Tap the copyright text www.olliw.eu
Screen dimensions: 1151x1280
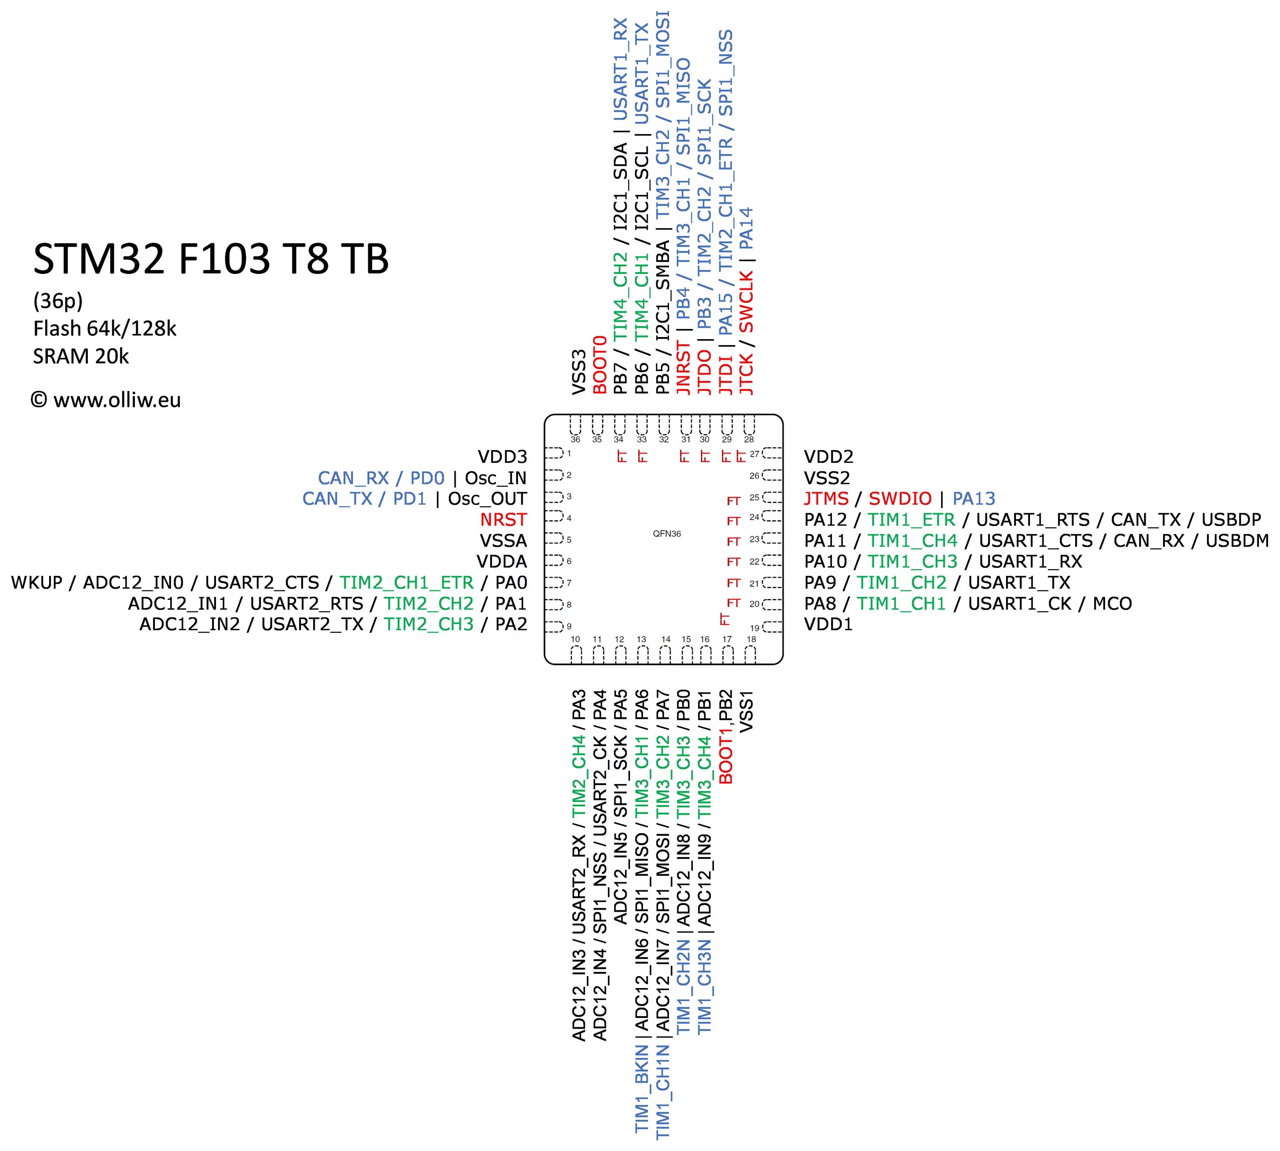pos(106,400)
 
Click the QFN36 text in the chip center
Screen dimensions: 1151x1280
pos(666,534)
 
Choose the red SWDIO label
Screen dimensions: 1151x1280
pos(899,499)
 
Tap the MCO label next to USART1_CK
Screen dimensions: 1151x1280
pos(1112,604)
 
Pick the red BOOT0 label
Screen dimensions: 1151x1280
pos(599,365)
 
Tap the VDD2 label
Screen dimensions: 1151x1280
pos(829,456)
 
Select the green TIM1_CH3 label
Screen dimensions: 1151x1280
pos(912,561)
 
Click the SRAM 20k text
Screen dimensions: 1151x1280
pos(81,357)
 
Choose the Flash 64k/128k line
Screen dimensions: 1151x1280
pos(105,329)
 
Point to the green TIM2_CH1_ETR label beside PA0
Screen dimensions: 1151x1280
pos(406,582)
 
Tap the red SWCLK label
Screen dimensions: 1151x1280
pos(746,302)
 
